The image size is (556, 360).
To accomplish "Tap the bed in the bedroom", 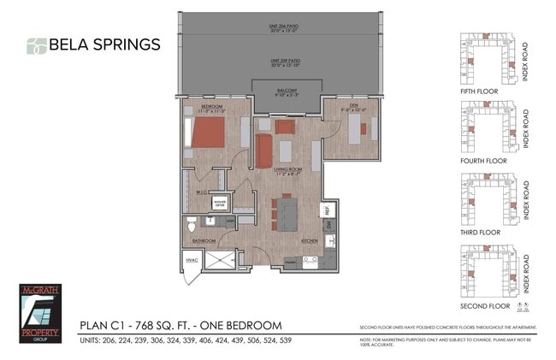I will [208, 133].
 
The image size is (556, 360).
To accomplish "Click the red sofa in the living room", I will [264, 150].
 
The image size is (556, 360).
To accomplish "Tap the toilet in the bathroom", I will [192, 224].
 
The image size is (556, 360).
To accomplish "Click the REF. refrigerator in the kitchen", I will [326, 209].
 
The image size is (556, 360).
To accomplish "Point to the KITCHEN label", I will [309, 242].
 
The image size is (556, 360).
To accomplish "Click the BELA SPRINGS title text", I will [104, 44].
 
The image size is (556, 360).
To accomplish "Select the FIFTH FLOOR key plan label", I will [478, 91].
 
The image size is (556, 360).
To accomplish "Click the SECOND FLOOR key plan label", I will [485, 305].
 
